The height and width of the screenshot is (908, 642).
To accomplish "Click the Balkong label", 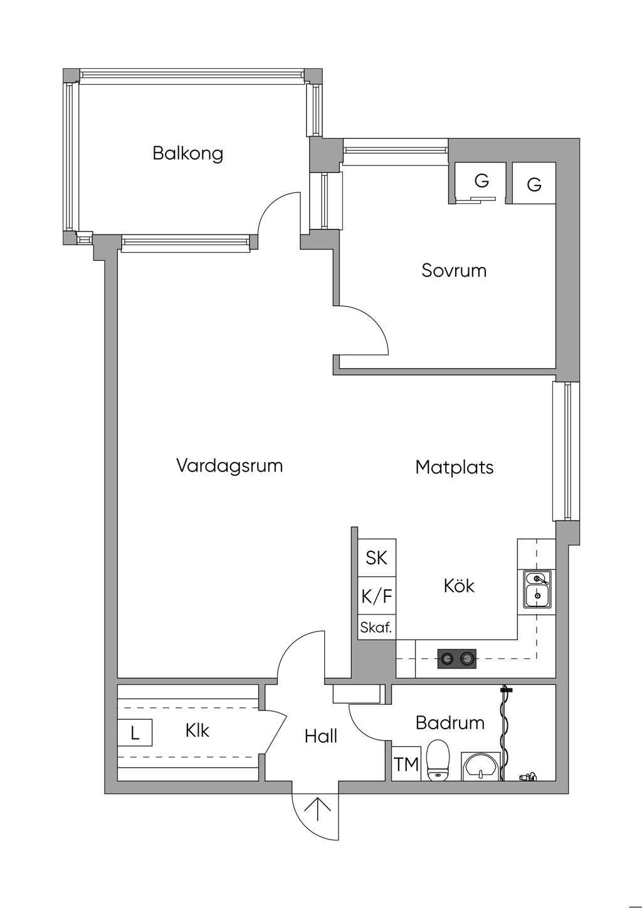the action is [x=187, y=154].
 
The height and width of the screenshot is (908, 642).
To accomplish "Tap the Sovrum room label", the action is [x=453, y=270].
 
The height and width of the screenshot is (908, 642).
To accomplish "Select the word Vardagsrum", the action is [x=229, y=465].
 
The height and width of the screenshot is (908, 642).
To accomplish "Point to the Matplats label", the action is [x=455, y=467].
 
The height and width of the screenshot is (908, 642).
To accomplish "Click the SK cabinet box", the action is [x=377, y=557].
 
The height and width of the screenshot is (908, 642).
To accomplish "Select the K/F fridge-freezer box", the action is [x=377, y=596].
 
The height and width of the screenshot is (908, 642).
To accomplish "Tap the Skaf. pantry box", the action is [x=377, y=628].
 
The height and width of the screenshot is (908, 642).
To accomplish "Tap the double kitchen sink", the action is [x=537, y=590].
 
